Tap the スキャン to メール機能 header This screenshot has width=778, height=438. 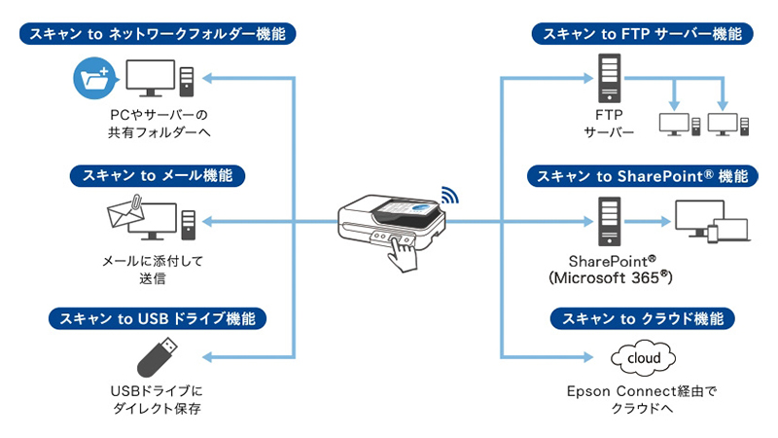pyautogui.click(x=158, y=176)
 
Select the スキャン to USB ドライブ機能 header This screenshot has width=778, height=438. pyautogui.click(x=158, y=318)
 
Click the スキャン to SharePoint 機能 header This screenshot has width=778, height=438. pyautogui.click(x=642, y=176)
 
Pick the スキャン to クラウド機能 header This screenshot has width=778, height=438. pyautogui.click(x=642, y=318)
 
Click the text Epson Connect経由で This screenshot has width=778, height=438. pyautogui.click(x=641, y=391)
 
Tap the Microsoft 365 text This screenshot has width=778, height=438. pyautogui.click(x=610, y=278)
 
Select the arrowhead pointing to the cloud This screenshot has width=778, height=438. pyautogui.click(x=592, y=358)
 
